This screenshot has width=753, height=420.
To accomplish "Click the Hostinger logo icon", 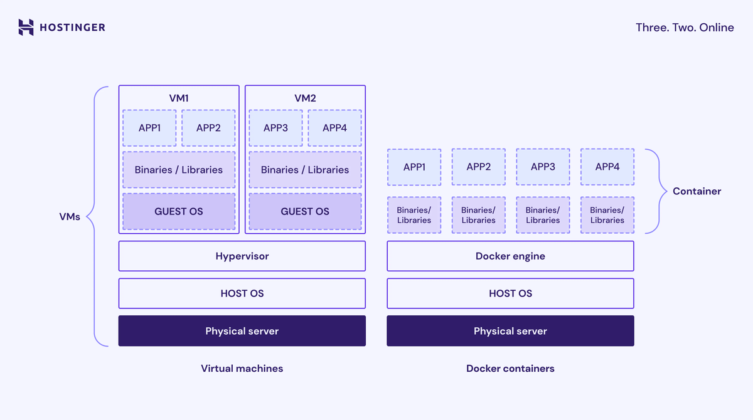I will [26, 27].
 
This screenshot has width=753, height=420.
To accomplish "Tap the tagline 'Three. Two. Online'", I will [685, 27].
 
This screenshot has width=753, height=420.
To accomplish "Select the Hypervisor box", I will [242, 256].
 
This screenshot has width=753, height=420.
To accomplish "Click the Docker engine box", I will [510, 256].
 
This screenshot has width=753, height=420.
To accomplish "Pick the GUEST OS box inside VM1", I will [179, 211].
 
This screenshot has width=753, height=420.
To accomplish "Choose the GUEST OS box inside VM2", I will [305, 211].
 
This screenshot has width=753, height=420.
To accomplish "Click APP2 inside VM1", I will [208, 128].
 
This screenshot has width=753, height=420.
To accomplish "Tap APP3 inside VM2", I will [275, 128].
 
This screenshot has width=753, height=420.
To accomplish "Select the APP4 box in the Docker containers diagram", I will [607, 167].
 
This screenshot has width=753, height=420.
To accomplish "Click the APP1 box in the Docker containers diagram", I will [414, 167].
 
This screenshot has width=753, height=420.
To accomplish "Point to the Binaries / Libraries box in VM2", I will [305, 170].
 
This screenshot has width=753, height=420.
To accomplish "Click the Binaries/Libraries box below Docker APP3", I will [543, 215].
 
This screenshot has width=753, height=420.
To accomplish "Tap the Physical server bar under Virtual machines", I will [242, 331].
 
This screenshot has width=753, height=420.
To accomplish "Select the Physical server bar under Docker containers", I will [510, 331].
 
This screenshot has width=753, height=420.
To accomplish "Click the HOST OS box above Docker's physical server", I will [510, 293].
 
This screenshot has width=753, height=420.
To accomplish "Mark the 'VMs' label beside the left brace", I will [70, 218].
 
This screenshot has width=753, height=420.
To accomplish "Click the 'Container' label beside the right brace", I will [697, 191].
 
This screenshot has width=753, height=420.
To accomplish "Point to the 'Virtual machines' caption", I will [242, 369].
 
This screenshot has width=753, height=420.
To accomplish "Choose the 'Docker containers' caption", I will [510, 369].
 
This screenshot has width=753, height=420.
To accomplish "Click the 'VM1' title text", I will [179, 98].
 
